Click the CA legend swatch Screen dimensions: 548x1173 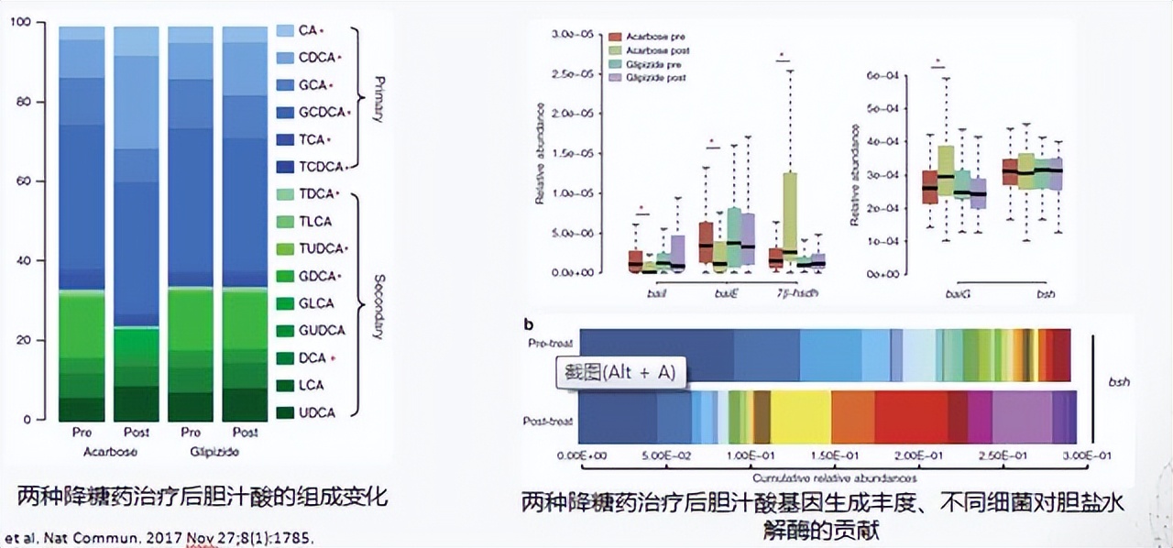(286, 31)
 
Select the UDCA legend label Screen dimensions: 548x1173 (317, 412)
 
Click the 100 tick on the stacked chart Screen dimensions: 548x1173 (20, 22)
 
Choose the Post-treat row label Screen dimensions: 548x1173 (549, 421)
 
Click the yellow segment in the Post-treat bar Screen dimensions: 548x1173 (800, 418)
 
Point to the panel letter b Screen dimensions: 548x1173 (528, 323)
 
